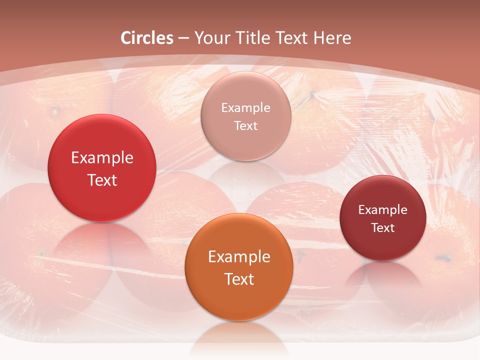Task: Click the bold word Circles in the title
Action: (x=147, y=38)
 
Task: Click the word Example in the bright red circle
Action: (x=102, y=158)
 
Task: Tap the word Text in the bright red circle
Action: (x=102, y=180)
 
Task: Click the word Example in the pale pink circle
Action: (x=245, y=107)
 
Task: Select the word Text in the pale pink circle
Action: (x=245, y=125)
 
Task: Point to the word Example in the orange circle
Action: (x=239, y=257)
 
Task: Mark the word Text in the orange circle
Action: (x=239, y=279)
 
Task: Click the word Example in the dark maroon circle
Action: (x=382, y=209)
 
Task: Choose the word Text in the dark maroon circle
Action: (x=382, y=227)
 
